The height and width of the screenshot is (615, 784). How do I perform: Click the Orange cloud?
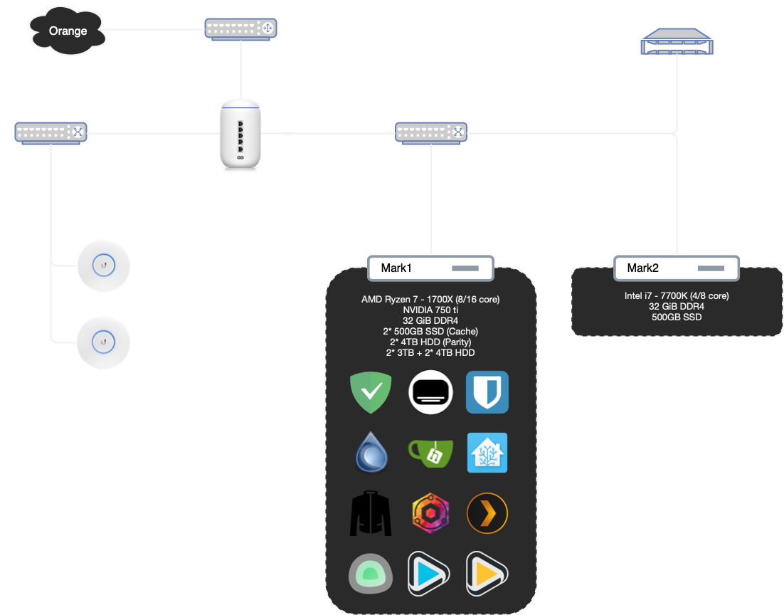68,31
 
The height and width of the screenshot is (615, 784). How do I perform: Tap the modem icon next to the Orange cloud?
241,28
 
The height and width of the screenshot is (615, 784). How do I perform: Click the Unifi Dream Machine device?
240,136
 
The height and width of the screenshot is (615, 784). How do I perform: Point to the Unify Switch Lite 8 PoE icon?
51,132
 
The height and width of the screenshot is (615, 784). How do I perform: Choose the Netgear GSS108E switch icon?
431,132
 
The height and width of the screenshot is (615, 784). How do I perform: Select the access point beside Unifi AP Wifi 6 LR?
104,342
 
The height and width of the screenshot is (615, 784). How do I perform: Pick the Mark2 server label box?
677,268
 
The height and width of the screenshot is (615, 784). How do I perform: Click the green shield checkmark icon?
371,392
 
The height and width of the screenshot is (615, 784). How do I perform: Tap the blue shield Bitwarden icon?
487,392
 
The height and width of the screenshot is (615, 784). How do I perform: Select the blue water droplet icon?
371,453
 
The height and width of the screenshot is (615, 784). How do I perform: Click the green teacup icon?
429,453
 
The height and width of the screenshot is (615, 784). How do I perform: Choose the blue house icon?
487,453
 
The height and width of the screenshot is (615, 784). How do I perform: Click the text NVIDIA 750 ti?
430,310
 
